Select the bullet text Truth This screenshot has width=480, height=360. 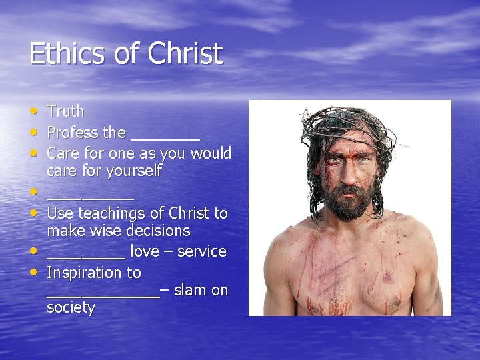[x=65, y=111]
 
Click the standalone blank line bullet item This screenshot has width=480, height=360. [x=90, y=198]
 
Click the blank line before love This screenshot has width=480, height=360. [x=85, y=256]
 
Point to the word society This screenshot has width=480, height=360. [x=71, y=307]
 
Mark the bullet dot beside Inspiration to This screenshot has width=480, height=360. [x=34, y=271]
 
